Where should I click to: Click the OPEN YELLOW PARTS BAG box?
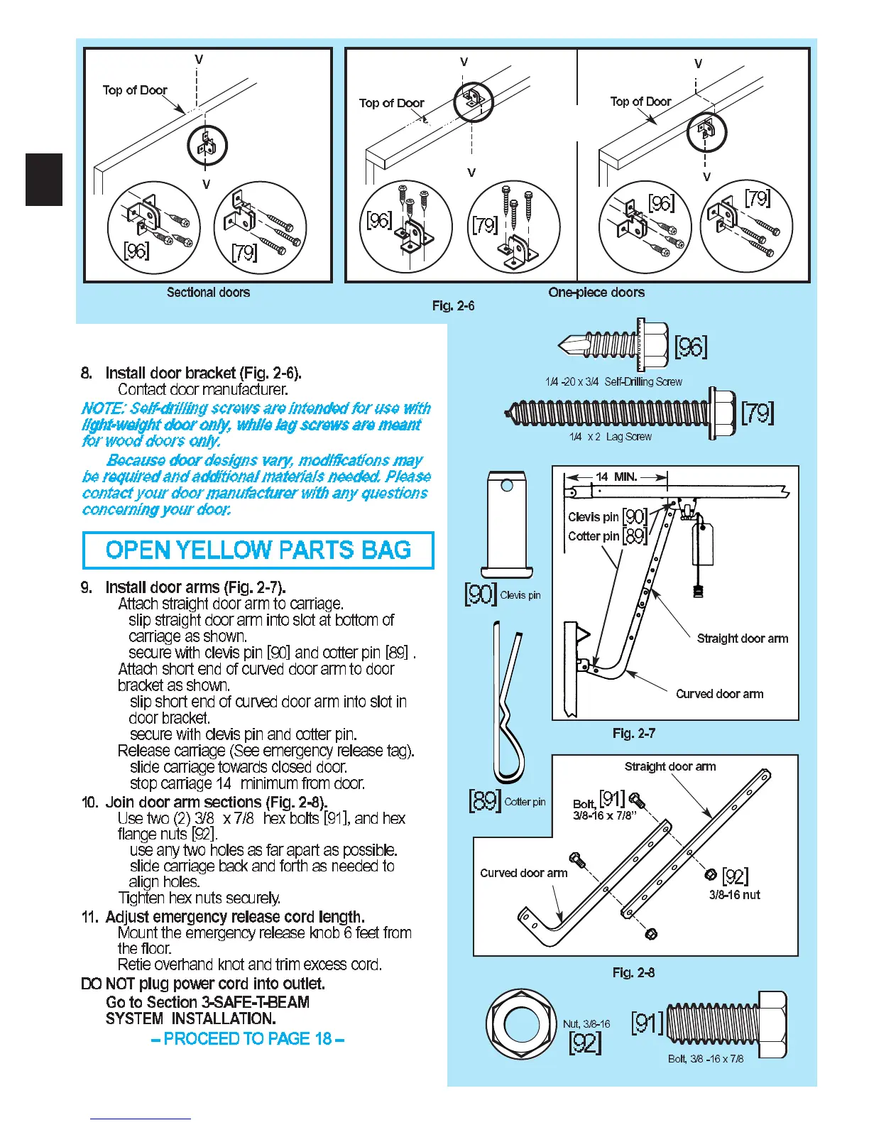[x=258, y=550]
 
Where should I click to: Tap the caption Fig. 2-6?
[x=453, y=306]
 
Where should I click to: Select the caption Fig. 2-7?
[x=633, y=733]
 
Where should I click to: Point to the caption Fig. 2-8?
[x=633, y=972]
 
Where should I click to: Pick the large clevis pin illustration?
[x=506, y=524]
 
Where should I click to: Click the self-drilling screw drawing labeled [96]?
[x=615, y=346]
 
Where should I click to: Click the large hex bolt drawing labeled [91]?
[x=728, y=1025]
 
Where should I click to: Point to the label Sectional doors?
[x=208, y=292]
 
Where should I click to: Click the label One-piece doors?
[x=596, y=292]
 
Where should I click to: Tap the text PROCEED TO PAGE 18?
[x=248, y=1039]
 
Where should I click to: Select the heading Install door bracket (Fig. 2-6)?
[x=203, y=373]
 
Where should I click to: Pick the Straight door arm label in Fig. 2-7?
[x=743, y=638]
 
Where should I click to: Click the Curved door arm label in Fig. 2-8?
[x=524, y=873]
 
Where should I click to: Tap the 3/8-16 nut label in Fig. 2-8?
[x=734, y=895]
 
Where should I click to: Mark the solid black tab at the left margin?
[x=44, y=179]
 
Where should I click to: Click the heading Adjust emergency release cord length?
[x=235, y=917]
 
